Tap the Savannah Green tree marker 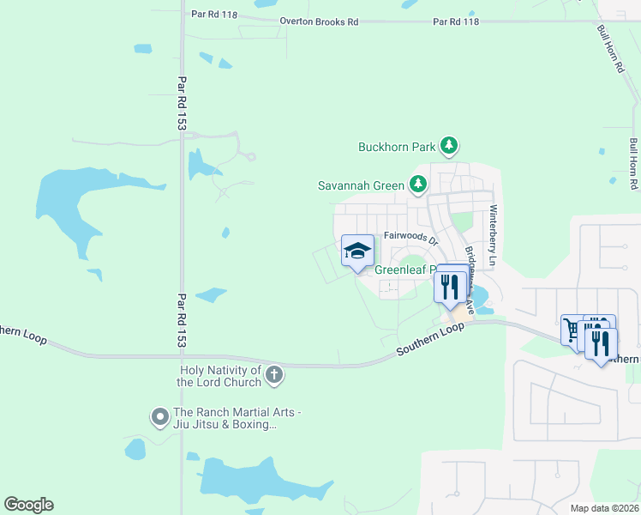coord(417,184)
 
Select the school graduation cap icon coord(357,251)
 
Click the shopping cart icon coord(572,330)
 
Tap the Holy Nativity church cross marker coord(274,374)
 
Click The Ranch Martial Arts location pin coord(159,417)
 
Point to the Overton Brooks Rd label coord(319,21)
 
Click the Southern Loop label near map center coord(429,339)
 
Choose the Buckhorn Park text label coord(397,147)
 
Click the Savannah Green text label coord(361,185)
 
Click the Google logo coord(28,505)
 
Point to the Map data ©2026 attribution coord(603,508)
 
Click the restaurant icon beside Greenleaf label coord(450,286)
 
